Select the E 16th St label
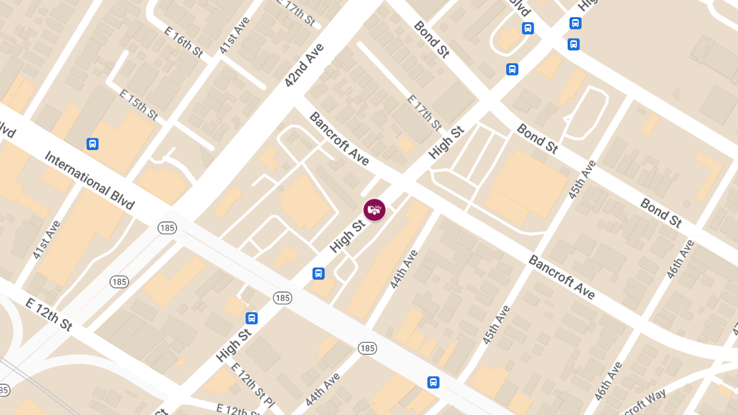click(184, 42)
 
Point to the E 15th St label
click(139, 105)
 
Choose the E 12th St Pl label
click(253, 384)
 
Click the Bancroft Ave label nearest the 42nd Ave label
click(339, 138)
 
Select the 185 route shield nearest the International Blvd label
click(167, 227)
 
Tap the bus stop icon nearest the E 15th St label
click(92, 144)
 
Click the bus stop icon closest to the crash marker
click(319, 273)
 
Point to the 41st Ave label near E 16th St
click(234, 34)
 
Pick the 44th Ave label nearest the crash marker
click(404, 269)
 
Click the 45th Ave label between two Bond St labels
click(582, 180)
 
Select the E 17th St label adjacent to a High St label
click(425, 113)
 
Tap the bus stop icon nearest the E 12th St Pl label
click(252, 318)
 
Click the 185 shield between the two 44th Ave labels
click(367, 349)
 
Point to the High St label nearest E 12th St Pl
click(234, 344)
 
